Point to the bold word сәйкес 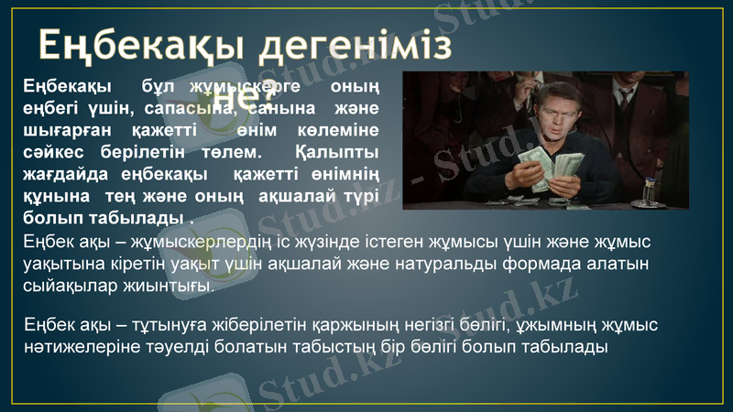54,150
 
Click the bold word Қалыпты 340,150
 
